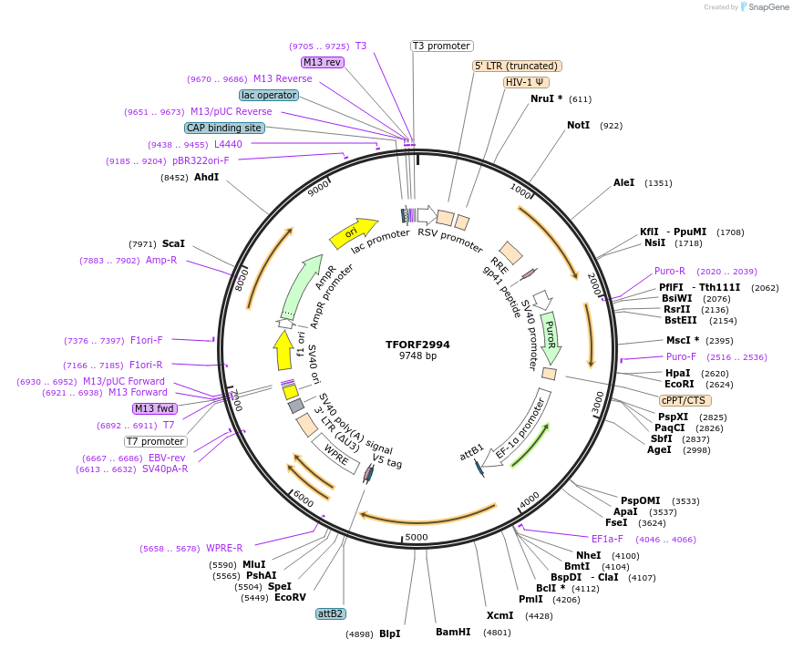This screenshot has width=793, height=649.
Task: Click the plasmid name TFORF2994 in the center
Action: (417, 345)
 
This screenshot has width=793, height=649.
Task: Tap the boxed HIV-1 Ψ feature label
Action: (527, 82)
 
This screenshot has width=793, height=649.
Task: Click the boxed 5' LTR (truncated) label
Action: (517, 66)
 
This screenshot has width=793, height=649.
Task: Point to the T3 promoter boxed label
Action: (441, 46)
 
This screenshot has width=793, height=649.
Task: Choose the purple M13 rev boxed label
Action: (323, 62)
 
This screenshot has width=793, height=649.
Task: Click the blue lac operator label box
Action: (269, 95)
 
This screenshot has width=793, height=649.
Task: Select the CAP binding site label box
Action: (224, 128)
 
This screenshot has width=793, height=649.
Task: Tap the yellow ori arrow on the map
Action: (354, 233)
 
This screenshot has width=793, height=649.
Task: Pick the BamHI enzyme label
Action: (453, 632)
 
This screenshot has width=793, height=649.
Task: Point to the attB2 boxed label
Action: (330, 613)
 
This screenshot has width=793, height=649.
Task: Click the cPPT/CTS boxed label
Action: (685, 400)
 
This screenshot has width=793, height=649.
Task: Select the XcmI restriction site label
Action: (499, 615)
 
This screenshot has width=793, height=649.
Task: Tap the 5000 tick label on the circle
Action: (417, 537)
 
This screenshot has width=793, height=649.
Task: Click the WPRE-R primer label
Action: (224, 548)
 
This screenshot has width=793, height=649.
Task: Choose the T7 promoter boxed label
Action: (156, 441)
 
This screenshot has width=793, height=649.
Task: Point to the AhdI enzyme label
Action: (206, 177)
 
